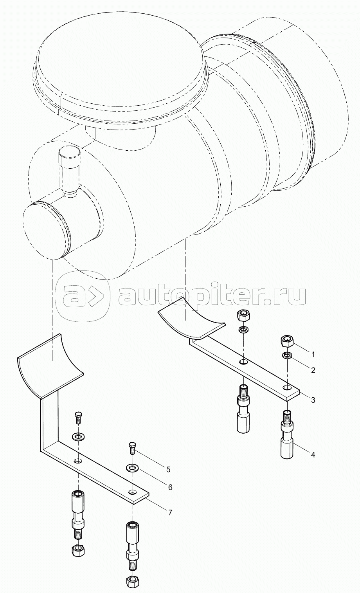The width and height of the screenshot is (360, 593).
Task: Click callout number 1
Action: (x=313, y=354)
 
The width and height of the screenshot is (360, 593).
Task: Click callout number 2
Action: (x=313, y=370)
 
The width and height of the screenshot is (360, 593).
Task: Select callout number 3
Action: (x=313, y=400)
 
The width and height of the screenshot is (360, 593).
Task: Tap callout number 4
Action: (x=313, y=455)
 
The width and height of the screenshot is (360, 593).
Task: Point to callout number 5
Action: (x=168, y=470)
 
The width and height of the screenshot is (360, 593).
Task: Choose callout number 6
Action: (x=170, y=487)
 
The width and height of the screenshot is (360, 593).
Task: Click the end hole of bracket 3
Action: (x=287, y=388)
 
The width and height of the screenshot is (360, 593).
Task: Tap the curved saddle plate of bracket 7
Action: (x=50, y=365)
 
